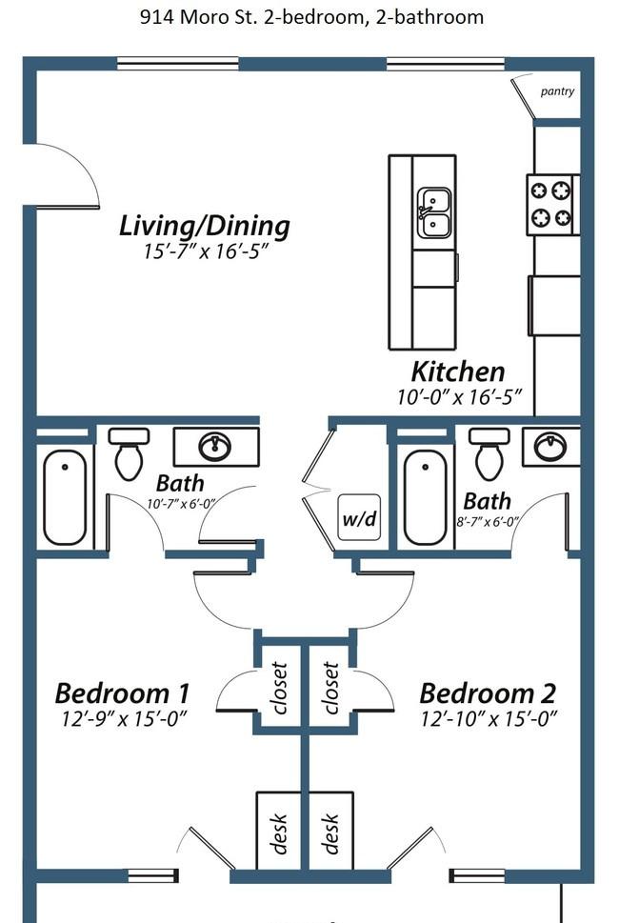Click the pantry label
click(557, 91)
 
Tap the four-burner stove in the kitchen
click(552, 205)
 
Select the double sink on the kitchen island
click(434, 212)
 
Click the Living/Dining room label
click(204, 226)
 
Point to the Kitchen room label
click(458, 372)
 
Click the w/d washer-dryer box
click(359, 517)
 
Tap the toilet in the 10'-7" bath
click(129, 454)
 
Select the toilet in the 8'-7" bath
click(489, 453)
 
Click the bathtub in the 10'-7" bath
click(65, 497)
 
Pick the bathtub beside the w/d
click(425, 497)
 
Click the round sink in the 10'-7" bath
click(214, 447)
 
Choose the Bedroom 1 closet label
click(278, 688)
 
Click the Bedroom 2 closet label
click(330, 688)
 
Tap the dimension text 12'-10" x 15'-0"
click(489, 719)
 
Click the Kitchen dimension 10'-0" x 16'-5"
click(460, 397)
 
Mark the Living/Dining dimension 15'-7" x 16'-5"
click(206, 251)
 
